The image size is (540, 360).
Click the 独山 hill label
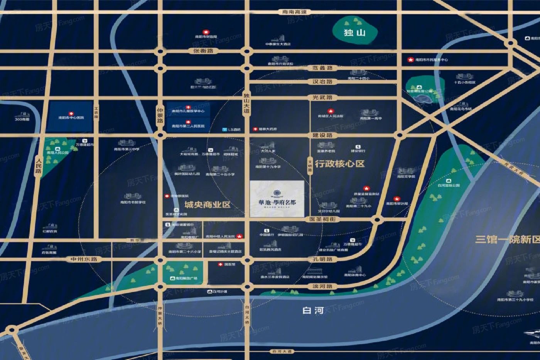pos(354,32)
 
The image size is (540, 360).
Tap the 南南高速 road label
pos(294,12)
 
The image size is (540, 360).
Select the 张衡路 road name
pos(203,51)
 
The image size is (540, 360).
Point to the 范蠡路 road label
pos(322,68)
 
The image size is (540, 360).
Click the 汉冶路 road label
pos(322,82)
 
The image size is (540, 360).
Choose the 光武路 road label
pos(322,98)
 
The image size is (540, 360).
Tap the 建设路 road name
pos(322,135)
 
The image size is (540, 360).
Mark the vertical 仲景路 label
pos(160,115)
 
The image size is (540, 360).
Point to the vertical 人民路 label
pos(38,165)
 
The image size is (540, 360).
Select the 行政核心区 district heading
pos(339,164)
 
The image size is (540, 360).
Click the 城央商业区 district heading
pos(207,205)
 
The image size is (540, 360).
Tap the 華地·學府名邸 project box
pos(277,199)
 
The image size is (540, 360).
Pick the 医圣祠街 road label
pos(322,219)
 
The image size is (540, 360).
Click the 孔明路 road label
pos(322,259)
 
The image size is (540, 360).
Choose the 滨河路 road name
pos(322,287)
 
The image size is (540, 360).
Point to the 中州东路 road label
pos(84,259)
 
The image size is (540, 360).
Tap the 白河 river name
pos(313,310)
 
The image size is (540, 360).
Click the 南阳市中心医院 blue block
pos(71,116)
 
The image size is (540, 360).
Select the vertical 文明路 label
pos(310,166)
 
